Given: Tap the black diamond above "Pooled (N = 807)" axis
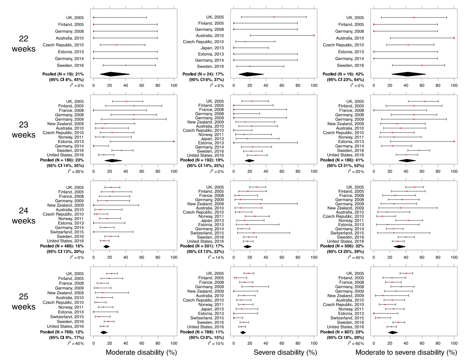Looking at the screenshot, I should [x=393, y=332].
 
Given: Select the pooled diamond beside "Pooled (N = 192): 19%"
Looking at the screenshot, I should [x=250, y=160].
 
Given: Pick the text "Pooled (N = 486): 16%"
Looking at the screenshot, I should [x=60, y=246].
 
